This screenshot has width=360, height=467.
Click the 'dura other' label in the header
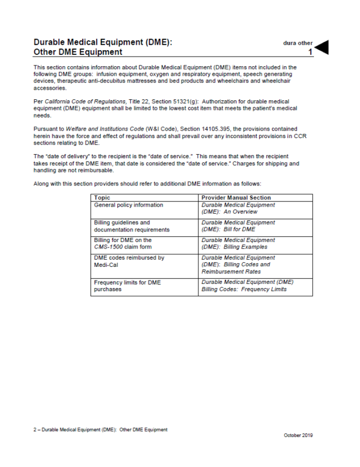pyautogui.click(x=297, y=43)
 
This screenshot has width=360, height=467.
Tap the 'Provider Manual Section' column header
pyautogui.click(x=236, y=197)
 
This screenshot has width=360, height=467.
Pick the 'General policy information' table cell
pyautogui.click(x=129, y=205)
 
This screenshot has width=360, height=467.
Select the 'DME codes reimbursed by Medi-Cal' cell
pyautogui.click(x=129, y=261)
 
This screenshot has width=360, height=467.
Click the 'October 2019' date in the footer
pyautogui.click(x=297, y=435)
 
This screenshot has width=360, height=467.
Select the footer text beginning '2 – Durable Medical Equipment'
pyautogui.click(x=100, y=429)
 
